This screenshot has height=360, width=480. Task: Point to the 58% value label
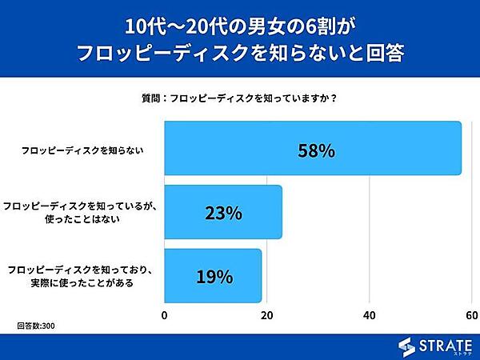pyautogui.click(x=314, y=150)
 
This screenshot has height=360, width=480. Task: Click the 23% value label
pyautogui.click(x=223, y=214)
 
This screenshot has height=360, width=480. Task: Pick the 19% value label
pyautogui.click(x=214, y=278)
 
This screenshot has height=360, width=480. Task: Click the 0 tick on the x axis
pyautogui.click(x=165, y=315)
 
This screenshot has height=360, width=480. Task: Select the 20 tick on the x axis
pyautogui.click(x=267, y=315)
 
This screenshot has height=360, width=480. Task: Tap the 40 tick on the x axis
pyautogui.click(x=370, y=315)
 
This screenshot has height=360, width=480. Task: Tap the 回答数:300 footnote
pyautogui.click(x=37, y=326)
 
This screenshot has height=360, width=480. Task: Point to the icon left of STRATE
pyautogui.click(x=407, y=346)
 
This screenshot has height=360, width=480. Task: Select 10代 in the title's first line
pyautogui.click(x=148, y=26)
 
